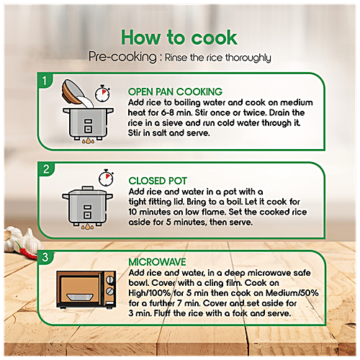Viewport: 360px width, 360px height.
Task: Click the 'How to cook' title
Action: tap(179, 37)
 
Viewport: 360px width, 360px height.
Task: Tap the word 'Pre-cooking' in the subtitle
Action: tap(122, 57)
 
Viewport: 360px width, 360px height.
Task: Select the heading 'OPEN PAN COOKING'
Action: tap(175, 91)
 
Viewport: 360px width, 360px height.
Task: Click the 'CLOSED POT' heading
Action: tap(158, 181)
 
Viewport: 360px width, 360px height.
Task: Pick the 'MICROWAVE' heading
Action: tap(157, 262)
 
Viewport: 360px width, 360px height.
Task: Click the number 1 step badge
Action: tap(45, 81)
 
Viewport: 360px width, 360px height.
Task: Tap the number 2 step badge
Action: tap(46, 169)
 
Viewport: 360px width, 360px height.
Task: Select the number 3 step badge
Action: tap(45, 257)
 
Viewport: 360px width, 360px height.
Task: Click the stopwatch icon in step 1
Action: tap(102, 93)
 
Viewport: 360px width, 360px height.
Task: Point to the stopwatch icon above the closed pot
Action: tap(106, 178)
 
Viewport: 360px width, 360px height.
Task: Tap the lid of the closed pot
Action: tap(87, 191)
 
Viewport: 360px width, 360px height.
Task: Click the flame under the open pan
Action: tap(88, 140)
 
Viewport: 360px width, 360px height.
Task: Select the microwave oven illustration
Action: tap(86, 289)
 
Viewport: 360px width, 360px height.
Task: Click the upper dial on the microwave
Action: tap(110, 280)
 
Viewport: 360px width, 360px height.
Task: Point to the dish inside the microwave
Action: tap(80, 297)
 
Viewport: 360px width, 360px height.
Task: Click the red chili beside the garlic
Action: tap(27, 252)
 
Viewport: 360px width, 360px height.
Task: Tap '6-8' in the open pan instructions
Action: tap(168, 113)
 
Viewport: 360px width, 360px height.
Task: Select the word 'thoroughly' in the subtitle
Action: tap(248, 58)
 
